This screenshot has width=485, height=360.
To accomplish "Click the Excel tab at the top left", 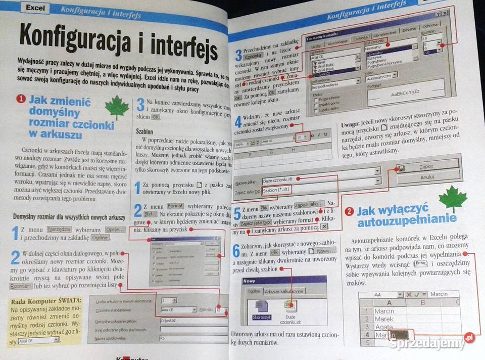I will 35,8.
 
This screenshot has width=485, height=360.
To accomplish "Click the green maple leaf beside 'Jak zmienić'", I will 117,108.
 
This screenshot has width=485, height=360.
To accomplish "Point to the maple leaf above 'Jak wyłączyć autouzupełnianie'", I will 452,199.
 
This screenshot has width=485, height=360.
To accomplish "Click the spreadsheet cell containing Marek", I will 383,319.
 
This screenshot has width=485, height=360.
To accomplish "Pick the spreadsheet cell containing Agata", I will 383,327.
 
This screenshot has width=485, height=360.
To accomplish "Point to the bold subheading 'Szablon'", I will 145,130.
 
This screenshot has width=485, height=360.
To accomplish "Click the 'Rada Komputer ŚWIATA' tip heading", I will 45,302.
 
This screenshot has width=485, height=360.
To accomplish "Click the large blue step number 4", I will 238,121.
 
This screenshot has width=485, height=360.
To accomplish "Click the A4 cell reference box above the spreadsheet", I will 377,294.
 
